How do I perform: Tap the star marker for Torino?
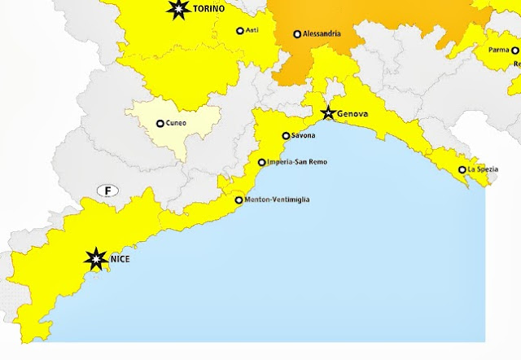click(x=177, y=10)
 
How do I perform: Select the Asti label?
click(x=252, y=31)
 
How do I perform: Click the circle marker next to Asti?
click(x=240, y=31)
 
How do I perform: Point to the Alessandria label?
click(x=322, y=34)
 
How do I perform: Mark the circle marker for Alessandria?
click(x=298, y=34)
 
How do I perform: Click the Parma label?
click(x=498, y=50)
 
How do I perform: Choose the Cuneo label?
click(x=176, y=123)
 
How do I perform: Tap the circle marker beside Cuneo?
click(x=160, y=124)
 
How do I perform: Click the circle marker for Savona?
click(x=286, y=136)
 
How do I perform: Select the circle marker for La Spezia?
click(x=462, y=169)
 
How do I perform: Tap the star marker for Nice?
click(x=96, y=259)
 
